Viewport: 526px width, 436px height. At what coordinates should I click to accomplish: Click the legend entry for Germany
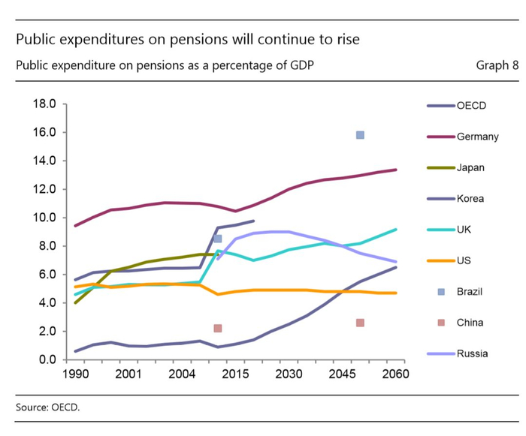pos(477,137)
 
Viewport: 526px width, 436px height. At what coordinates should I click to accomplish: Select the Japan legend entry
pos(470,167)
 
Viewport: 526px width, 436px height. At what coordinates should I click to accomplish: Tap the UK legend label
pos(464,230)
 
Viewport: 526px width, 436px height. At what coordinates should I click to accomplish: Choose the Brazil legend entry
pos(470,291)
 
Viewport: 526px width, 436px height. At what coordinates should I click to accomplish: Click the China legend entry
pos(470,323)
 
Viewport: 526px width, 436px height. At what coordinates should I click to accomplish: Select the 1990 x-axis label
pos(74,374)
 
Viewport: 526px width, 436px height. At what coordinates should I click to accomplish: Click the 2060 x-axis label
pos(394,374)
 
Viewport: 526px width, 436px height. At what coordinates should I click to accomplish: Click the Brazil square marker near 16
pos(360,135)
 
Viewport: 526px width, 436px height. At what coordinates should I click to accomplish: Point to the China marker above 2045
pos(360,323)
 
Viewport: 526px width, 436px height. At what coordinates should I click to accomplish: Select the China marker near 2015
pos(218,328)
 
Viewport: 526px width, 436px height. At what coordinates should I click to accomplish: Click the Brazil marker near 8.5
pos(218,239)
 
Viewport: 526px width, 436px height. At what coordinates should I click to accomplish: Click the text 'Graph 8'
pos(497,65)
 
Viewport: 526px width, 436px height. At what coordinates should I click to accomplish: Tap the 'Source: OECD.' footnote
pos(47,407)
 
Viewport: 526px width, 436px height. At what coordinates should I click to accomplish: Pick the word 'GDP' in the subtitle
pos(300,65)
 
